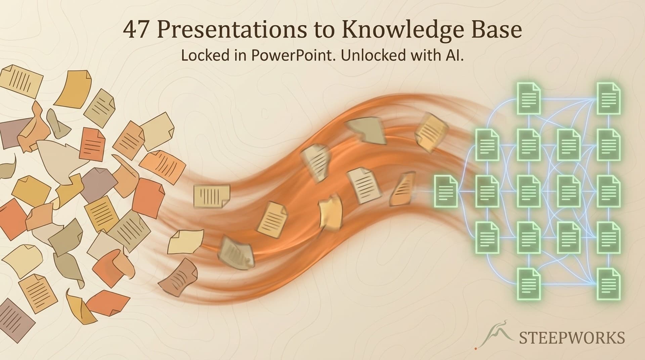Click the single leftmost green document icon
(446, 191)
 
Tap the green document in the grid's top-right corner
(608, 98)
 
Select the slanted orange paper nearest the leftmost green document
(402, 189)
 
